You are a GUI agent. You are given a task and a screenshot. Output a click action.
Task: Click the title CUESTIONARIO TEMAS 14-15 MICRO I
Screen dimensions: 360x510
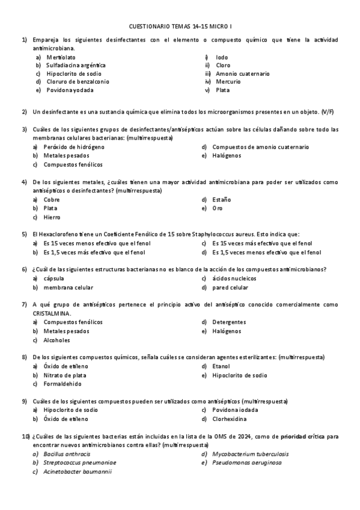(180, 26)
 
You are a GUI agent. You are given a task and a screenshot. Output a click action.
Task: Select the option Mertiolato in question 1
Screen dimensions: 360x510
(61, 57)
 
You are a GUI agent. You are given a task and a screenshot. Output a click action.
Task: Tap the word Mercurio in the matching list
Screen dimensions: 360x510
(228, 82)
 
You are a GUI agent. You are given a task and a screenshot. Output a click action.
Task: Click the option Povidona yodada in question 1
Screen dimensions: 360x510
(70, 90)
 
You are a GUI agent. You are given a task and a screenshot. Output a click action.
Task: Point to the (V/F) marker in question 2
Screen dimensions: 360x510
(328, 112)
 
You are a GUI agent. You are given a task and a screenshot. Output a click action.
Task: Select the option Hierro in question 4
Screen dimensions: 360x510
(52, 217)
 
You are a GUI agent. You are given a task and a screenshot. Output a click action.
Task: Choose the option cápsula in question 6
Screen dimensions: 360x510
(53, 278)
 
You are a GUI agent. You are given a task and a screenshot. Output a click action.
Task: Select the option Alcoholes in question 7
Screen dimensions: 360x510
(56, 340)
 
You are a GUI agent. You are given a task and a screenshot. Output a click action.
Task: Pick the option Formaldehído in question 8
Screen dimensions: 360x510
(63, 384)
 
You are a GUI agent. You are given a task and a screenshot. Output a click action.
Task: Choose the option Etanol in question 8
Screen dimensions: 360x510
(221, 366)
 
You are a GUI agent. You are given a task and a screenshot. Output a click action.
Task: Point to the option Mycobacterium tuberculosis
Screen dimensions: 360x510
(250, 454)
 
